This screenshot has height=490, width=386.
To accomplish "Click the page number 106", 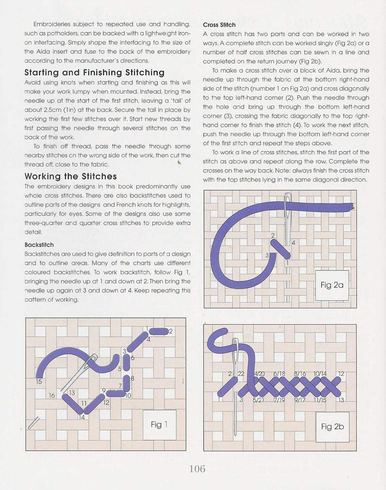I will coord(197,468).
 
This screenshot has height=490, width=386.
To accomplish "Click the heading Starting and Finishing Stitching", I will coord(94,73).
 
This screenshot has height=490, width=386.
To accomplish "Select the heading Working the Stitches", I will coord(71,176).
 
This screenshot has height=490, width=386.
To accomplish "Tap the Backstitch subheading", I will coord(39,245).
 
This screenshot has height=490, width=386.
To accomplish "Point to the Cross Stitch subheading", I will coord(219,25).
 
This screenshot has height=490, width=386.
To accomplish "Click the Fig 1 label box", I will coord(156,424).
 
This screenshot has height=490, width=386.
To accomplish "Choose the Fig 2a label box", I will coord(332,285).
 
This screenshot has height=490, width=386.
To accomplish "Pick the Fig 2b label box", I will coord(332,426).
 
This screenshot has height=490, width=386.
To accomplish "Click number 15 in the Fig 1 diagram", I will coord(39,381).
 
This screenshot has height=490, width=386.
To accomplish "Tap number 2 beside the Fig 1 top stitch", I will coord(171,331).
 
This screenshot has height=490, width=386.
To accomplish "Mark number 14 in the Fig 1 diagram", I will coord(82,417).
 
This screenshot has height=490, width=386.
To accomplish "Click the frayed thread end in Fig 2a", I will coord(350,206).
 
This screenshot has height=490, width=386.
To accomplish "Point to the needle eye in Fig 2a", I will coord(287,212).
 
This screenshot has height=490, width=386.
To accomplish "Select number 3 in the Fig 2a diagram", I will coord(267,255).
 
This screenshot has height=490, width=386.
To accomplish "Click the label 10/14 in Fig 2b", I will coord(320,374).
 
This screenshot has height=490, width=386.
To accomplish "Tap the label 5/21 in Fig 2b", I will coord(258,400).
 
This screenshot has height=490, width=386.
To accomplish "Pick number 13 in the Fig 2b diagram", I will coord(341,400).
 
